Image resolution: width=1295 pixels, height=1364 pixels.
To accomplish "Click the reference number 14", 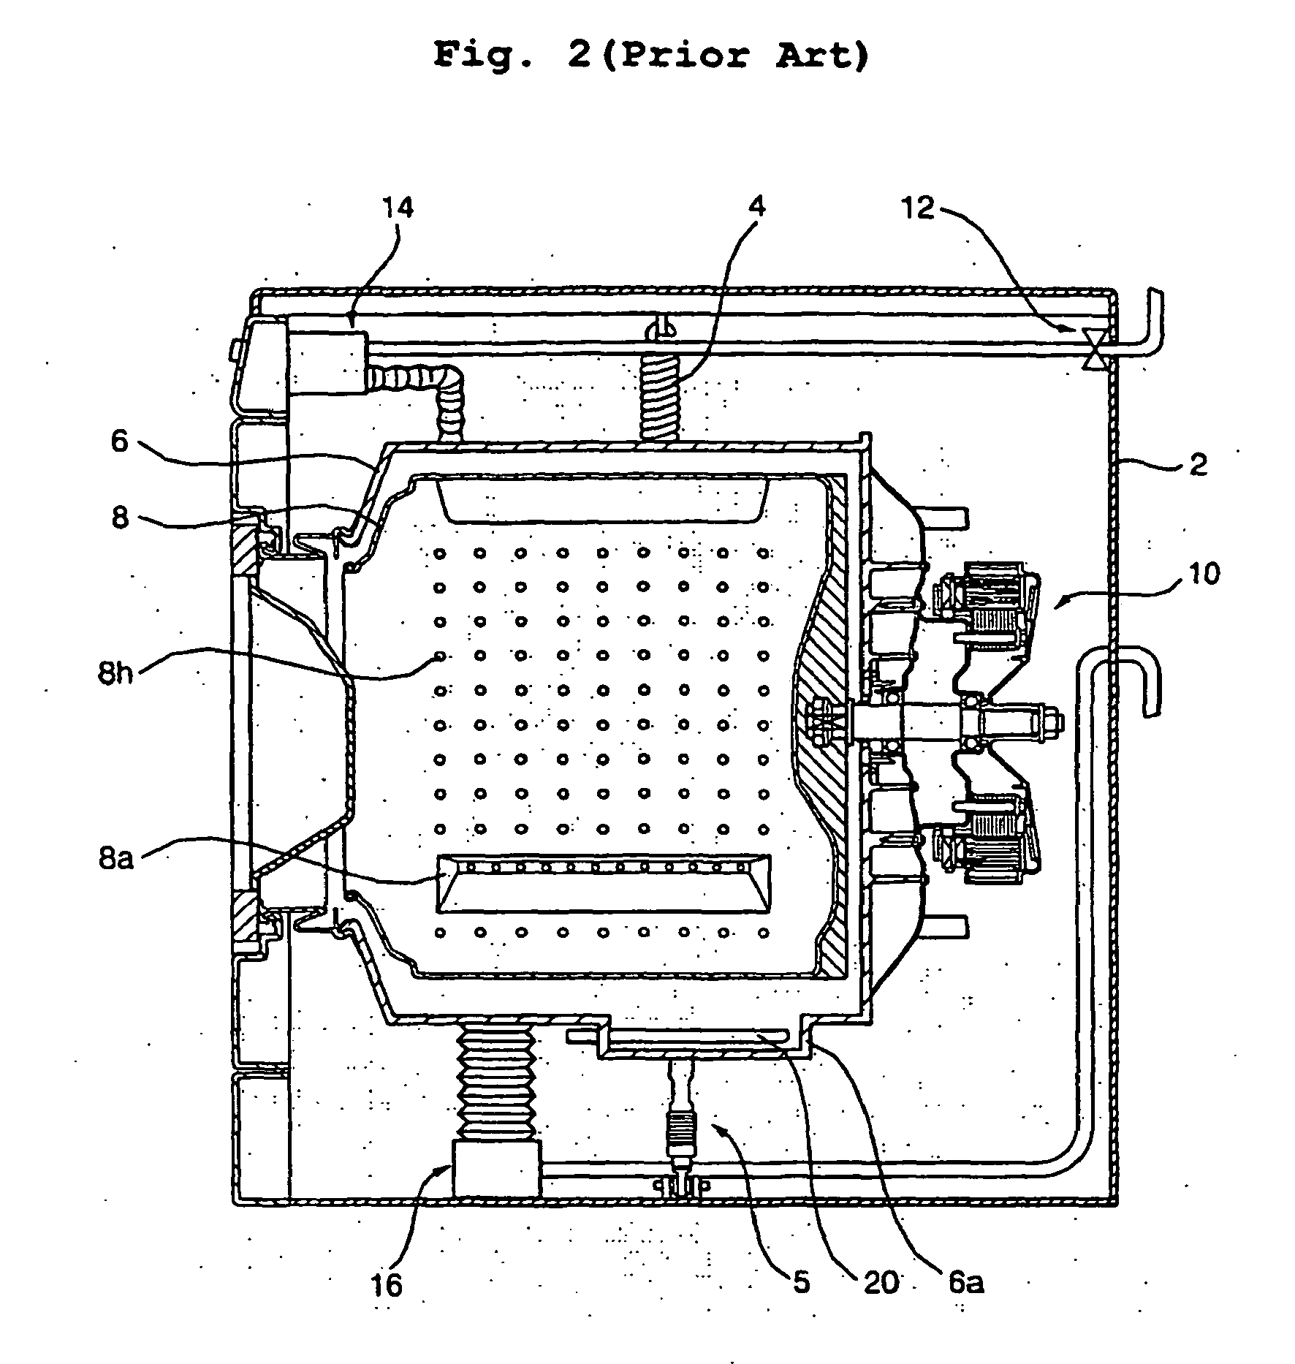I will coord(398,208).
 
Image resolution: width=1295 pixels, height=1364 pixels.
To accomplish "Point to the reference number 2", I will coord(1199,463).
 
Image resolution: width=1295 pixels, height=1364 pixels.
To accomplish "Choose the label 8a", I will coord(116,859).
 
